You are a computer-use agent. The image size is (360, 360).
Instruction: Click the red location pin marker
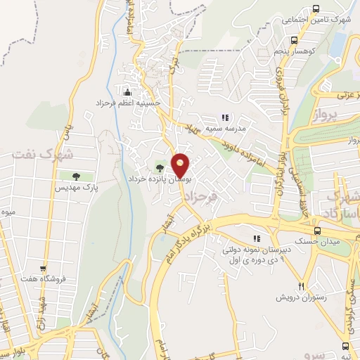tap(181, 166)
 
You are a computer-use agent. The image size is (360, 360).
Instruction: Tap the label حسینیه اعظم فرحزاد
tap(129, 103)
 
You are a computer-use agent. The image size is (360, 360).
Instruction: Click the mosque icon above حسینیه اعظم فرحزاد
tap(127, 92)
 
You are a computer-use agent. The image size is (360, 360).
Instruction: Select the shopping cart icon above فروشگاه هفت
tap(44, 268)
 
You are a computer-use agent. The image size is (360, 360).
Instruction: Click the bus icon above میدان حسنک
tap(318, 231)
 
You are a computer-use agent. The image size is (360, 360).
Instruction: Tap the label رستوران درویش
tap(303, 297)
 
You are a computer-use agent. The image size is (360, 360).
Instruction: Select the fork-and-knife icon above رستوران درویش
tap(302, 286)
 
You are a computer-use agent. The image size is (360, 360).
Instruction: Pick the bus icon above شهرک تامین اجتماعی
tap(316, 9)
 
